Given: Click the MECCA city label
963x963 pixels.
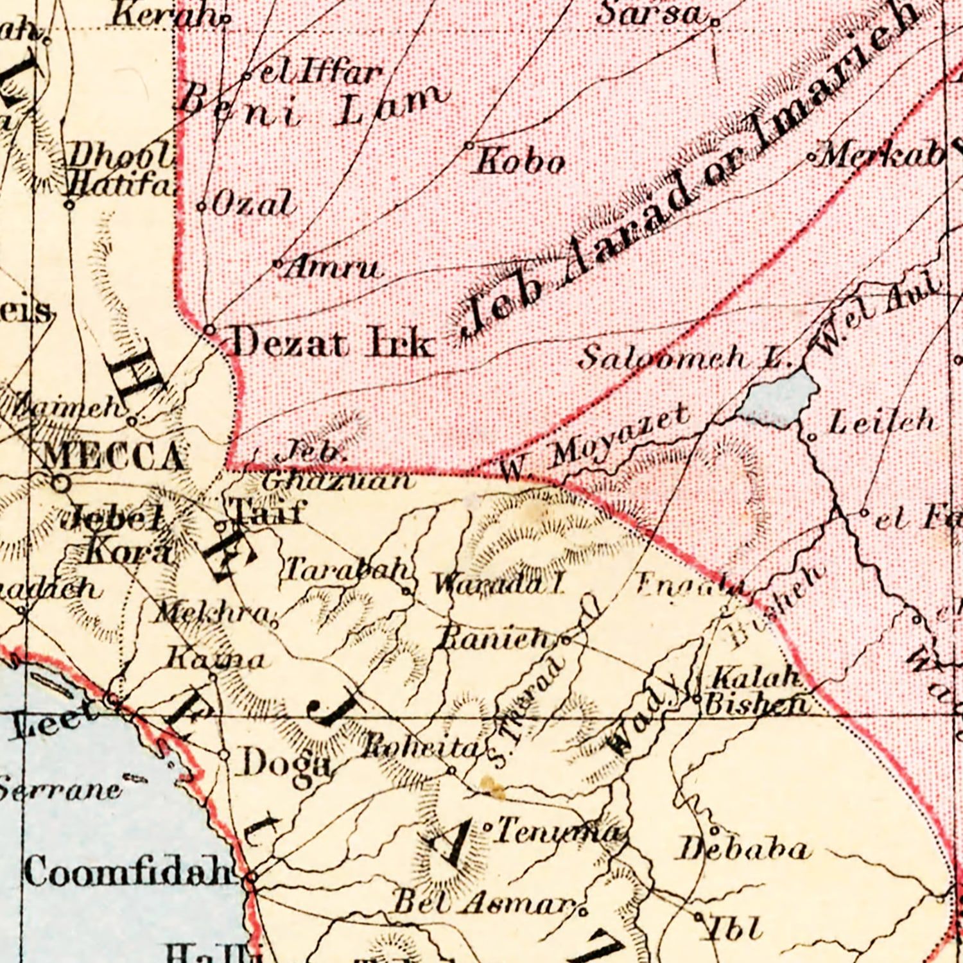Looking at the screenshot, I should point(114,457).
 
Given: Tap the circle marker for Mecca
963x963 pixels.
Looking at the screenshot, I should point(60,483).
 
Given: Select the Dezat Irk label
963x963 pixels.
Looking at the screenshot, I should point(331,342).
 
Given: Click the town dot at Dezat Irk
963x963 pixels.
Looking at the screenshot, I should point(209,330).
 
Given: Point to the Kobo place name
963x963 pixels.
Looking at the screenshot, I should point(520,162).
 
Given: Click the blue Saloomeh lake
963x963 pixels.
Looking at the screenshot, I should point(778,398).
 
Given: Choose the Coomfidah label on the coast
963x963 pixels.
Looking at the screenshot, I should point(128,871).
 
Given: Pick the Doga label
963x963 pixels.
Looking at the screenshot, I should point(286,764).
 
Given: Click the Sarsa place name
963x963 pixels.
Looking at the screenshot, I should point(650,14).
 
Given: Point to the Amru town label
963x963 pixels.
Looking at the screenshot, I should point(332,266).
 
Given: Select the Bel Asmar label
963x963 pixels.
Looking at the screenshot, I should point(483,902).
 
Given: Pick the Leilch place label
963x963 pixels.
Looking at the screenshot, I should point(881,422).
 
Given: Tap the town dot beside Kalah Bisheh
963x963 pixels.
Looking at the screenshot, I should point(697,698).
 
